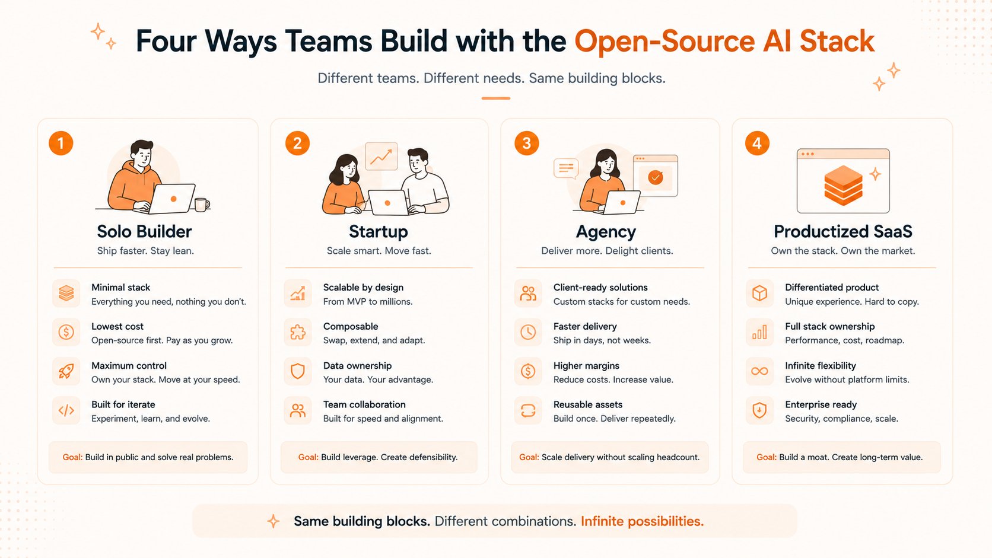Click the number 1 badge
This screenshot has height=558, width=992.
[x=61, y=144]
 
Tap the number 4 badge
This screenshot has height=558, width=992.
[x=757, y=144]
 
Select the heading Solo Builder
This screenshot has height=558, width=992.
[x=144, y=231]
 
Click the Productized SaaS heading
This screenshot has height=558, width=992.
[x=842, y=231]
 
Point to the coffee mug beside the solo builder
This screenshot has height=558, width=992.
[x=202, y=205]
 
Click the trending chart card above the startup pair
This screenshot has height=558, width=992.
[x=381, y=156]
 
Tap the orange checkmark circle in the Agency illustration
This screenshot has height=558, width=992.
[x=656, y=177]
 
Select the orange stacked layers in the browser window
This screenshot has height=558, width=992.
[x=843, y=186]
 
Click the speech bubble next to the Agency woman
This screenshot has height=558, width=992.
[x=566, y=168]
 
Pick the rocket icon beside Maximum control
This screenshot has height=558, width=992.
[x=66, y=371]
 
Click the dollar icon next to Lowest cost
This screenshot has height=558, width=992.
[x=66, y=332]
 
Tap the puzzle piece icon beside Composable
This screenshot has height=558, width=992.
[x=298, y=332]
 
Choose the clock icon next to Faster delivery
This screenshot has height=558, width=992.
[x=528, y=332]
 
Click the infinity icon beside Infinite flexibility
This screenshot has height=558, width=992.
[x=759, y=371]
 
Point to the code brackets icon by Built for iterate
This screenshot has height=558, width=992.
[x=66, y=411]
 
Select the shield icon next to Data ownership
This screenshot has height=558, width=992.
[x=298, y=371]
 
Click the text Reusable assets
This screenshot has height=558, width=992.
[x=588, y=404]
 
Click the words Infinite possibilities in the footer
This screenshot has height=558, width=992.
[x=642, y=521]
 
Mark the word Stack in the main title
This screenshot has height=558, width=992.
[x=837, y=41]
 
